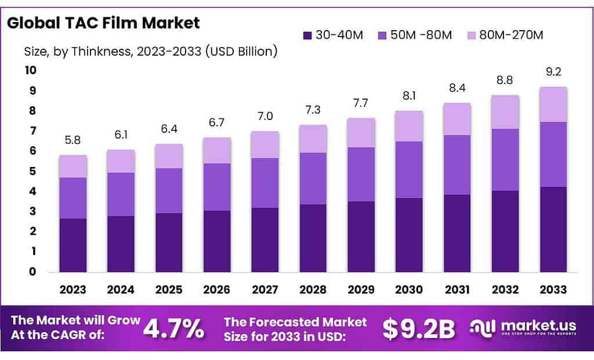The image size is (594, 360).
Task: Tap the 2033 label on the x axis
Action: tap(553, 289)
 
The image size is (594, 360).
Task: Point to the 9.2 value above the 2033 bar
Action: tap(553, 74)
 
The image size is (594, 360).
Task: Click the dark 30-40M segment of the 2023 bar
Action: tap(73, 245)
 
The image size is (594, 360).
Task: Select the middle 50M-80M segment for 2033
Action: tap(553, 154)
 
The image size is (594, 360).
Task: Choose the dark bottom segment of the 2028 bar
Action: tap(313, 238)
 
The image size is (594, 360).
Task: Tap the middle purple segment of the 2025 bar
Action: tap(169, 191)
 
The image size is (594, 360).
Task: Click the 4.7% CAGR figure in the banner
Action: tap(173, 329)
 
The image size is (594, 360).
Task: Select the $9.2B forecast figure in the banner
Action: tap(419, 329)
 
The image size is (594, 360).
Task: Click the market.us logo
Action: tap(526, 329)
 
